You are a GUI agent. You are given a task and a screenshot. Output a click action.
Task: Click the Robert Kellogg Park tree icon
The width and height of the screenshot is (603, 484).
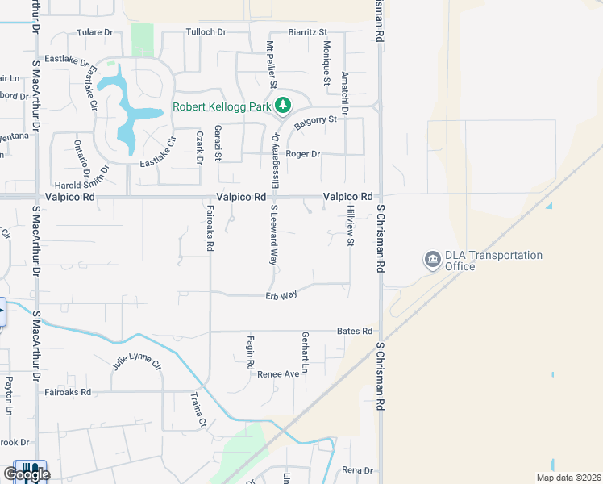tap(283, 106)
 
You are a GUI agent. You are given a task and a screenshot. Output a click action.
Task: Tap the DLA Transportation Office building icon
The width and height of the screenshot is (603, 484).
tap(433, 260)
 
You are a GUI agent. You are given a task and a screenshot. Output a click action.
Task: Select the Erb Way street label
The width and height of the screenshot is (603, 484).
tap(281, 295)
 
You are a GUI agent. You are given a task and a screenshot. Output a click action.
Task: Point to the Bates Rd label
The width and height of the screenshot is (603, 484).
tap(355, 332)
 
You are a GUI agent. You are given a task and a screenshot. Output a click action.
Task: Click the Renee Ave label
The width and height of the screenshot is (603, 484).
tap(278, 374)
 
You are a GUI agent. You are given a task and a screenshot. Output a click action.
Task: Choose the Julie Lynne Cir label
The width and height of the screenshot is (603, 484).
tap(137, 365)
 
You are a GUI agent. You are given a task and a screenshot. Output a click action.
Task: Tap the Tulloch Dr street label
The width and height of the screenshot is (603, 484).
tap(206, 32)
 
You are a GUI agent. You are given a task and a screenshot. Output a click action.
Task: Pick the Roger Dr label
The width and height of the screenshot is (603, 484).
tap(303, 154)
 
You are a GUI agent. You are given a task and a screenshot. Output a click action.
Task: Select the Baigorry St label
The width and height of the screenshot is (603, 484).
tap(314, 123)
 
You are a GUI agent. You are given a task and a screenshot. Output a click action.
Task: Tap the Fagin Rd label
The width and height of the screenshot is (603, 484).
tap(251, 348)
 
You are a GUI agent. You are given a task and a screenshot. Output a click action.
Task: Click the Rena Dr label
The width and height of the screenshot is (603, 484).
tap(358, 470)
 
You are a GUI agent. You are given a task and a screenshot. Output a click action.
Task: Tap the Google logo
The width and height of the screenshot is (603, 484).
tap(27, 474)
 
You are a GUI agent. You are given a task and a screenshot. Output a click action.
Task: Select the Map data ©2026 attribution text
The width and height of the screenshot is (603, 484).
tap(568, 478)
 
